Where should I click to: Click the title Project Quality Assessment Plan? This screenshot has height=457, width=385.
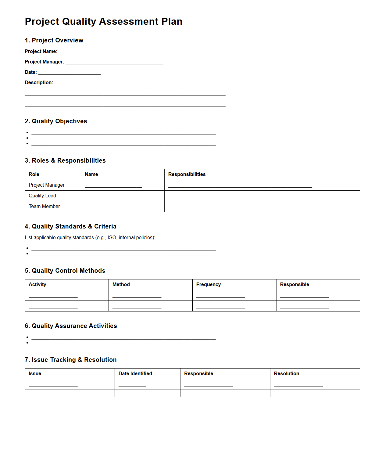pyautogui.click(x=103, y=21)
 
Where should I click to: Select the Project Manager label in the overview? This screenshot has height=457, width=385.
pyautogui.click(x=45, y=62)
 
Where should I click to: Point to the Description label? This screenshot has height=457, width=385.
pyautogui.click(x=39, y=82)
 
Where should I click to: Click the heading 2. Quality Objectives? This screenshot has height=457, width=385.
pyautogui.click(x=56, y=121)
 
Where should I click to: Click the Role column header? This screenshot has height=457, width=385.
pyautogui.click(x=34, y=174)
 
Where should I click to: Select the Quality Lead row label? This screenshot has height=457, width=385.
pyautogui.click(x=42, y=196)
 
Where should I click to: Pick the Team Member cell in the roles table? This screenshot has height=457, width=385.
pyautogui.click(x=44, y=206)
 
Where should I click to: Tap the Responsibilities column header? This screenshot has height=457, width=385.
pyautogui.click(x=187, y=174)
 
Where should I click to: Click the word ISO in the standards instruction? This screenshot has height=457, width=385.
pyautogui.click(x=112, y=237)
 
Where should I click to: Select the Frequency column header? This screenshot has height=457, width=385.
pyautogui.click(x=208, y=284)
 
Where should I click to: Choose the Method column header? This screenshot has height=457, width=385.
pyautogui.click(x=121, y=284)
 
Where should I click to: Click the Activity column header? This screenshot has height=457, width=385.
pyautogui.click(x=37, y=284)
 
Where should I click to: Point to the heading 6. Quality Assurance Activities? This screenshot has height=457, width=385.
pyautogui.click(x=71, y=326)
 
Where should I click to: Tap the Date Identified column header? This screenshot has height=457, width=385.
pyautogui.click(x=135, y=373)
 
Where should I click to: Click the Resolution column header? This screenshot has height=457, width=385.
pyautogui.click(x=286, y=373)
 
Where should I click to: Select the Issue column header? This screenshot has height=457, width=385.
pyautogui.click(x=35, y=373)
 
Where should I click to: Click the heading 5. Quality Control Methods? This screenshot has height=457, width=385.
pyautogui.click(x=65, y=271)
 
